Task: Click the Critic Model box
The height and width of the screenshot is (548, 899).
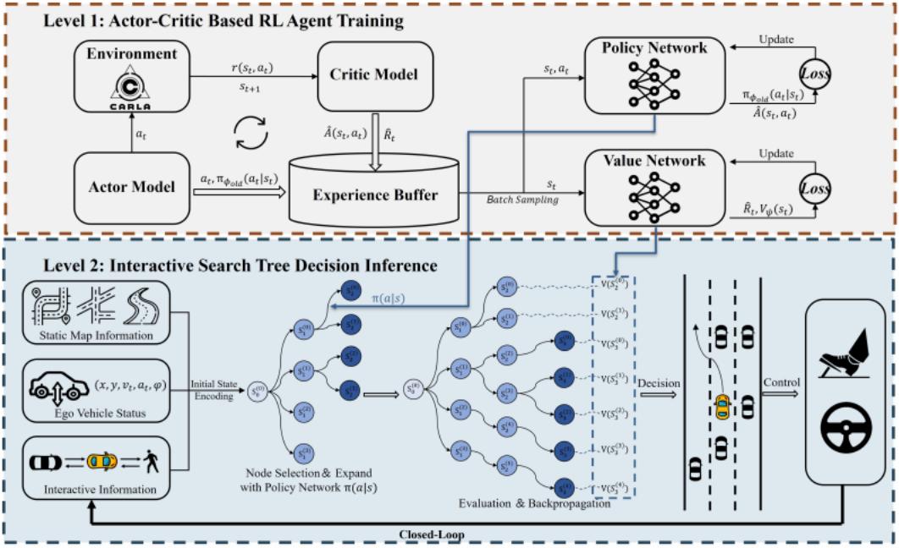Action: point(374,75)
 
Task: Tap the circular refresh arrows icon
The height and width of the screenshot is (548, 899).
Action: point(251,132)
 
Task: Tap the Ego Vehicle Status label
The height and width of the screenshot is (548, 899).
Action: point(100,414)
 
